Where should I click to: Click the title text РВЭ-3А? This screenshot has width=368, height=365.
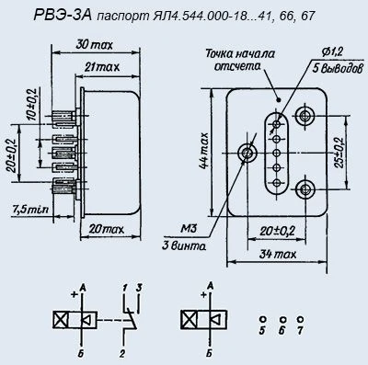coord(37,13)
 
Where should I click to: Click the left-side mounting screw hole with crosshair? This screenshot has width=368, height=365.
coord(247,152)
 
